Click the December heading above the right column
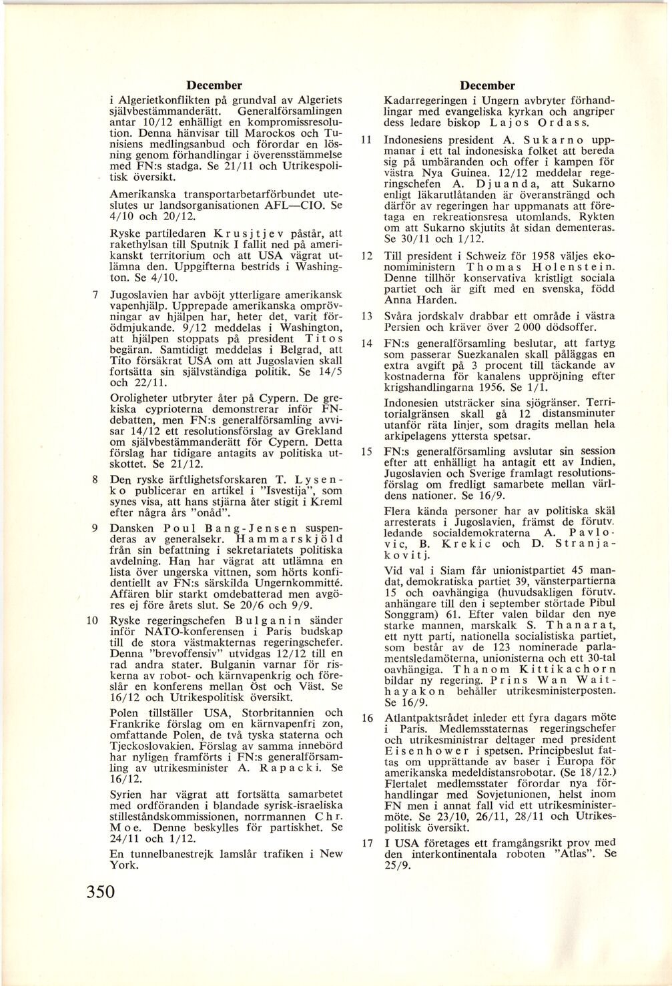click(x=488, y=85)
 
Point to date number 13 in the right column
click(x=366, y=315)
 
